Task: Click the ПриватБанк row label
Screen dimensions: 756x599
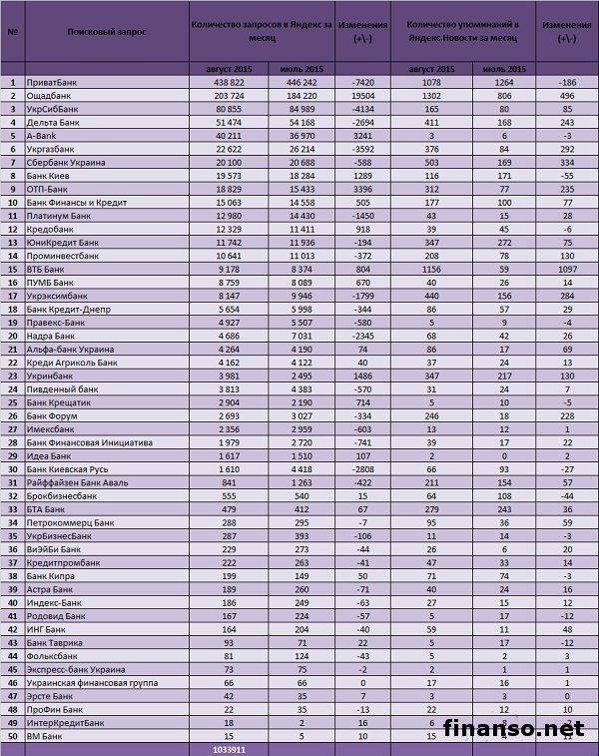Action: tap(54, 82)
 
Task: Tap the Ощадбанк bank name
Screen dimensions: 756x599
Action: tap(50, 95)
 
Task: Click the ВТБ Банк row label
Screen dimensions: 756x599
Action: tap(47, 269)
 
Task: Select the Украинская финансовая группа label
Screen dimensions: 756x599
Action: tap(91, 682)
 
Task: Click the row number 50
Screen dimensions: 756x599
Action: tap(13, 735)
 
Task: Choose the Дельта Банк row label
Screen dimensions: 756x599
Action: tap(54, 121)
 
